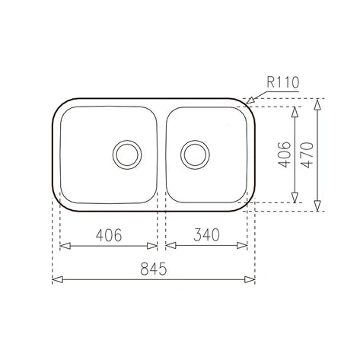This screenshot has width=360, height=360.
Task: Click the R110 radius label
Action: point(283,82)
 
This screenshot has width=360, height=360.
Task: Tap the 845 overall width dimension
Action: point(154,269)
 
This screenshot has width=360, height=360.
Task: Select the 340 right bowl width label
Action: point(206,234)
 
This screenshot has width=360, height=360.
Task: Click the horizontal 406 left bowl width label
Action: point(109,235)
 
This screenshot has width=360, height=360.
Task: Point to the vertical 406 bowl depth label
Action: point(285,155)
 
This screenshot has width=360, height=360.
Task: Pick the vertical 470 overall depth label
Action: point(307,155)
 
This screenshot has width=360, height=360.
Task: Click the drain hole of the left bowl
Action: point(127,155)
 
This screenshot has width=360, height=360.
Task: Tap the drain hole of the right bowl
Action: point(195,155)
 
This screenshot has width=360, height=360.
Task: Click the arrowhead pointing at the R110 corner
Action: point(250,100)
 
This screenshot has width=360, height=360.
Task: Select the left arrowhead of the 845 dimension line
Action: point(57,279)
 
